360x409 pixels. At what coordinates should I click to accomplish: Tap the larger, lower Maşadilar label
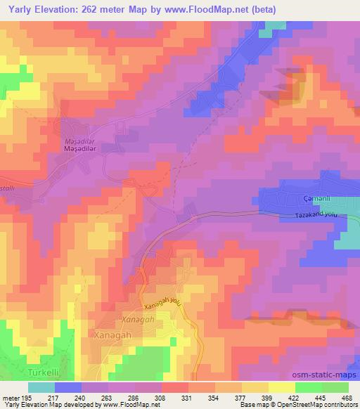pos(80,149)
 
